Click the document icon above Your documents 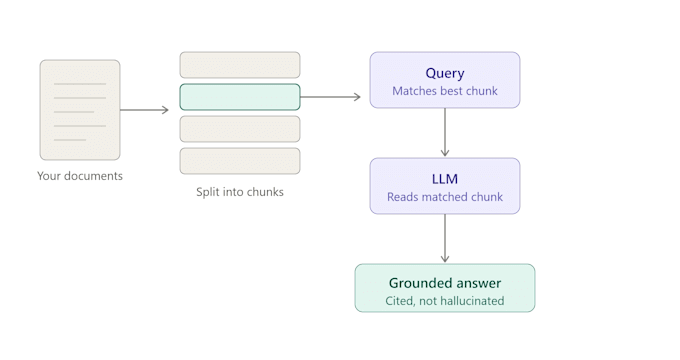(80, 110)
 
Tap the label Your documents (80, 176)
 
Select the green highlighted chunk (240, 97)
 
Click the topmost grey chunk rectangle (240, 65)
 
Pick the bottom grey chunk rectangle (240, 161)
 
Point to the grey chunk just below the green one (240, 129)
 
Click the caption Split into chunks (240, 192)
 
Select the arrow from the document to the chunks (144, 110)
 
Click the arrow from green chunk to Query (330, 97)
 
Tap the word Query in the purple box (445, 73)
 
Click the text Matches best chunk (445, 91)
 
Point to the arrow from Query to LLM (445, 132)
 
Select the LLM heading (445, 179)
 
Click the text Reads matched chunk (445, 196)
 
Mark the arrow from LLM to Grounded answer (445, 238)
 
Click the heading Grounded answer (445, 283)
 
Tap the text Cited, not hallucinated (445, 301)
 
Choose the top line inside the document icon (80, 84)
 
